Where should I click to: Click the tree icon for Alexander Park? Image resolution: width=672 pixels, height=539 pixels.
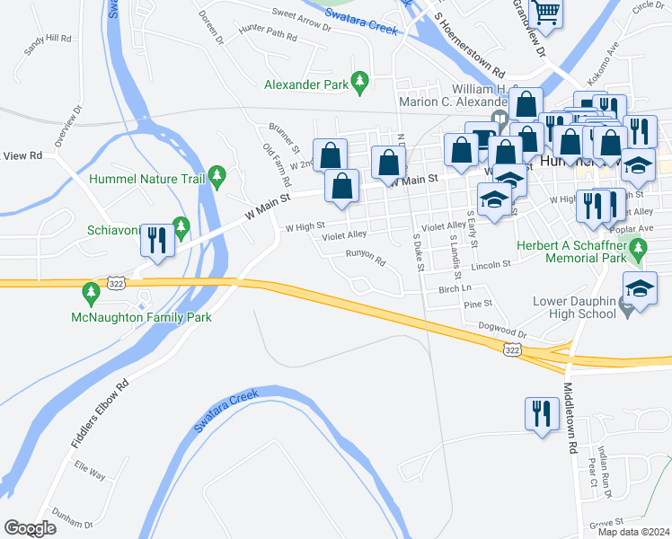360,84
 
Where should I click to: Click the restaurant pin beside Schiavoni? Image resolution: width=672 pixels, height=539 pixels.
156,238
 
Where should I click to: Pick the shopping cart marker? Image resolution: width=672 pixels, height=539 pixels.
544,12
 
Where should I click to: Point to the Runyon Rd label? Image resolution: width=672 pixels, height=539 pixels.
366,258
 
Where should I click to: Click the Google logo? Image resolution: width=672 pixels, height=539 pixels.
30,528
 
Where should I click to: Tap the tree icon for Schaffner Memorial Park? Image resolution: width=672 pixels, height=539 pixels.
639,248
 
